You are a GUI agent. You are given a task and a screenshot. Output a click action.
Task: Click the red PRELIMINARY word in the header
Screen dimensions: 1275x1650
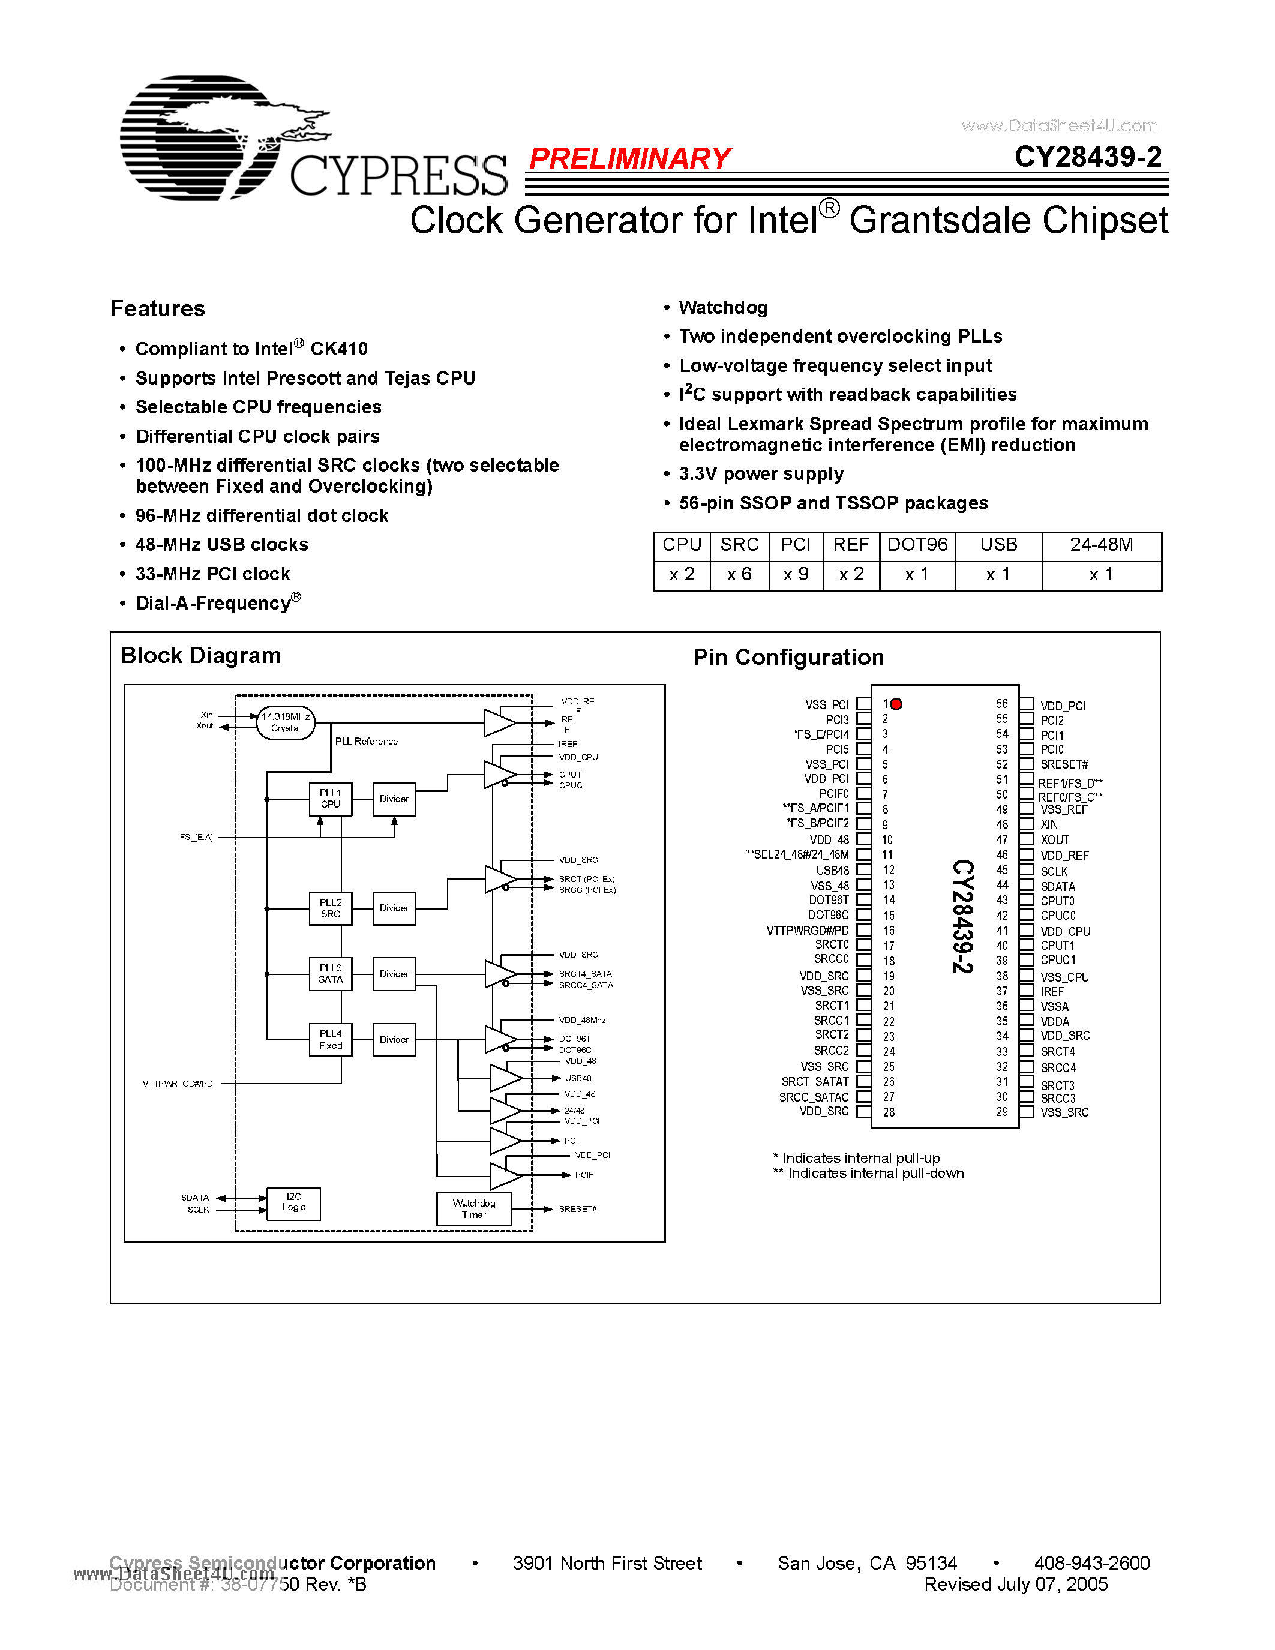[629, 158]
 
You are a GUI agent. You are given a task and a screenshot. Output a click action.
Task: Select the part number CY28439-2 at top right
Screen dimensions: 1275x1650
[1087, 157]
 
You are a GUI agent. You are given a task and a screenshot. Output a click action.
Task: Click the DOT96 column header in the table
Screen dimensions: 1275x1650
[917, 545]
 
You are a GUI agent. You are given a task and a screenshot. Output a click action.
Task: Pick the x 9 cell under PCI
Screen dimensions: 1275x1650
[796, 575]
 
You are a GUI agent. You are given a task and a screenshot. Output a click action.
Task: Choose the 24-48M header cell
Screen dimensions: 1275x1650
[1100, 545]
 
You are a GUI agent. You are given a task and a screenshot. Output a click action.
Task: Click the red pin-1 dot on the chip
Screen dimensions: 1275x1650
[896, 704]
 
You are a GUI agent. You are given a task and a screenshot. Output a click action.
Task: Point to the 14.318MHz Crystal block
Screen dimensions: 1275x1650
[286, 722]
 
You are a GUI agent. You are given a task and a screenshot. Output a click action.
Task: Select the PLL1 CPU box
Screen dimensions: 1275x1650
[330, 799]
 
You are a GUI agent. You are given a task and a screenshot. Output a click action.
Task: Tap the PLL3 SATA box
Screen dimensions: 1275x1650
[330, 974]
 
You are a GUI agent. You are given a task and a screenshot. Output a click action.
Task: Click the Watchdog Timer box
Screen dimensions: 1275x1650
[473, 1209]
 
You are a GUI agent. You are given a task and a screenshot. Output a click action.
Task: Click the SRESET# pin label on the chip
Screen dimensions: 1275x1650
[1064, 764]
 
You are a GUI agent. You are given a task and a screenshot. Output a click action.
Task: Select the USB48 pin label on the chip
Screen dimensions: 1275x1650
[832, 871]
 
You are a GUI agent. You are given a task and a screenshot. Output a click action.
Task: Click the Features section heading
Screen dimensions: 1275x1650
[158, 309]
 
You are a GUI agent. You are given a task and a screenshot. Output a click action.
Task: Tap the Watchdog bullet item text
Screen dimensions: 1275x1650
[723, 307]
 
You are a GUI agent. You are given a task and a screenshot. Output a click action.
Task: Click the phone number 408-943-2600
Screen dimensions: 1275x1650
[1091, 1563]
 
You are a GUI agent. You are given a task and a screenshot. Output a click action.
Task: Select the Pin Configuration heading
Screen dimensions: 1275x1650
[788, 657]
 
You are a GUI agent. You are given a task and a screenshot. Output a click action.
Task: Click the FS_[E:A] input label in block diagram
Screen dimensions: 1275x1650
[196, 837]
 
